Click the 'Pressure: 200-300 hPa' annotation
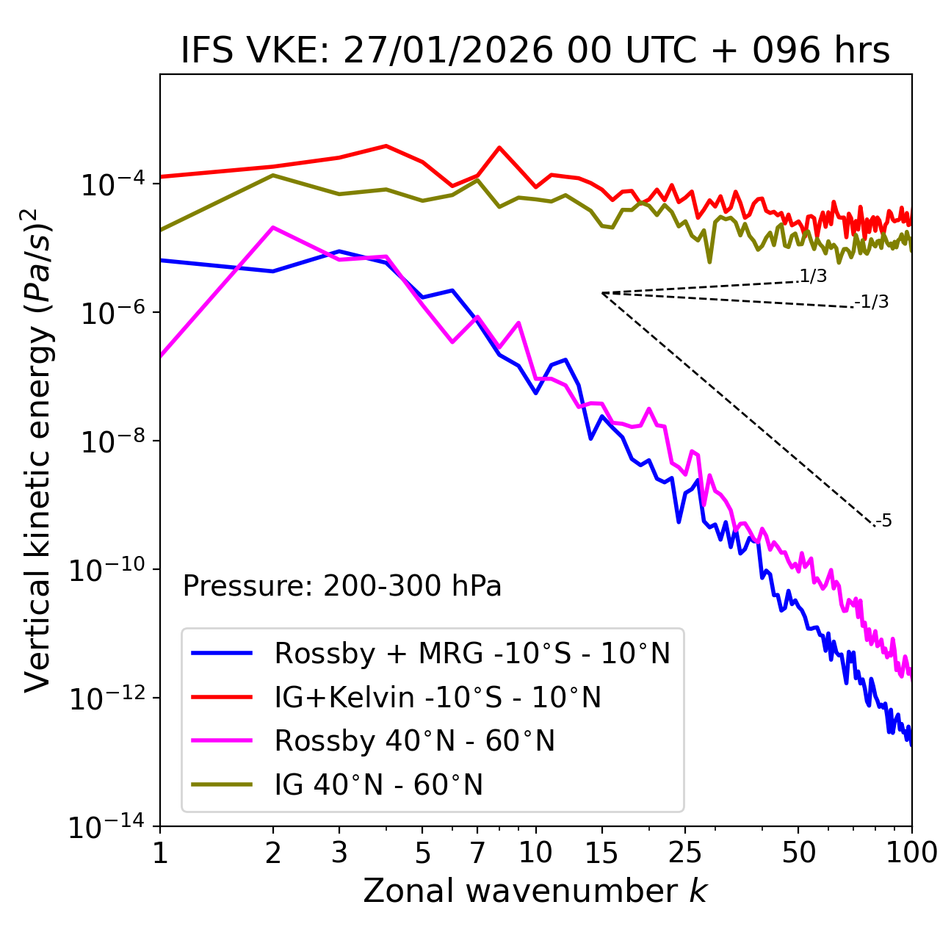342,586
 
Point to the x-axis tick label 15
601,853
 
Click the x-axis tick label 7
477,853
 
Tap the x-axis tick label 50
798,853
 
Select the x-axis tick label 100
911,853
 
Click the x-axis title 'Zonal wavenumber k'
535,891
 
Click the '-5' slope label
883,521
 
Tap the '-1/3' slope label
872,302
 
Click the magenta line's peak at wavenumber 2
273,228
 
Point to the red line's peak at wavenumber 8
499,148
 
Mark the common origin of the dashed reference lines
602,293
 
